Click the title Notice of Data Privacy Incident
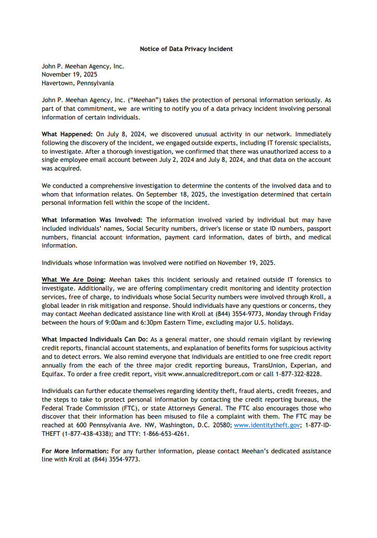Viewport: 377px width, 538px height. [x=186, y=49]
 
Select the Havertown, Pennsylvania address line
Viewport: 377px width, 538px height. [x=78, y=83]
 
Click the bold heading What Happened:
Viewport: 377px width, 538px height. [x=67, y=134]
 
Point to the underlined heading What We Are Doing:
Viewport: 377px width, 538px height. [x=73, y=279]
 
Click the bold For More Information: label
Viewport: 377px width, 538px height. [x=75, y=451]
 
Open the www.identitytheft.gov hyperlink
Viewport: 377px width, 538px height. [x=266, y=425]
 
